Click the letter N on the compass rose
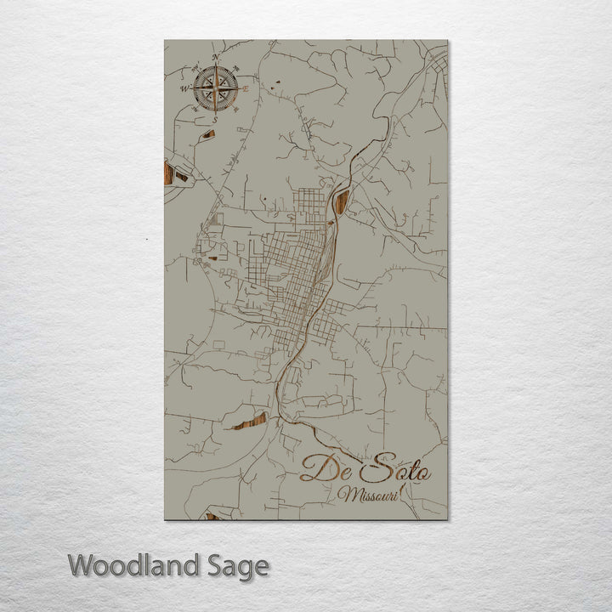(215, 58)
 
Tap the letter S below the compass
(215, 120)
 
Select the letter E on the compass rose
(246, 88)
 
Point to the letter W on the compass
(183, 88)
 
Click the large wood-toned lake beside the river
(343, 201)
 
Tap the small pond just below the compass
(207, 133)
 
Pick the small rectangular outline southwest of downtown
(219, 344)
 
